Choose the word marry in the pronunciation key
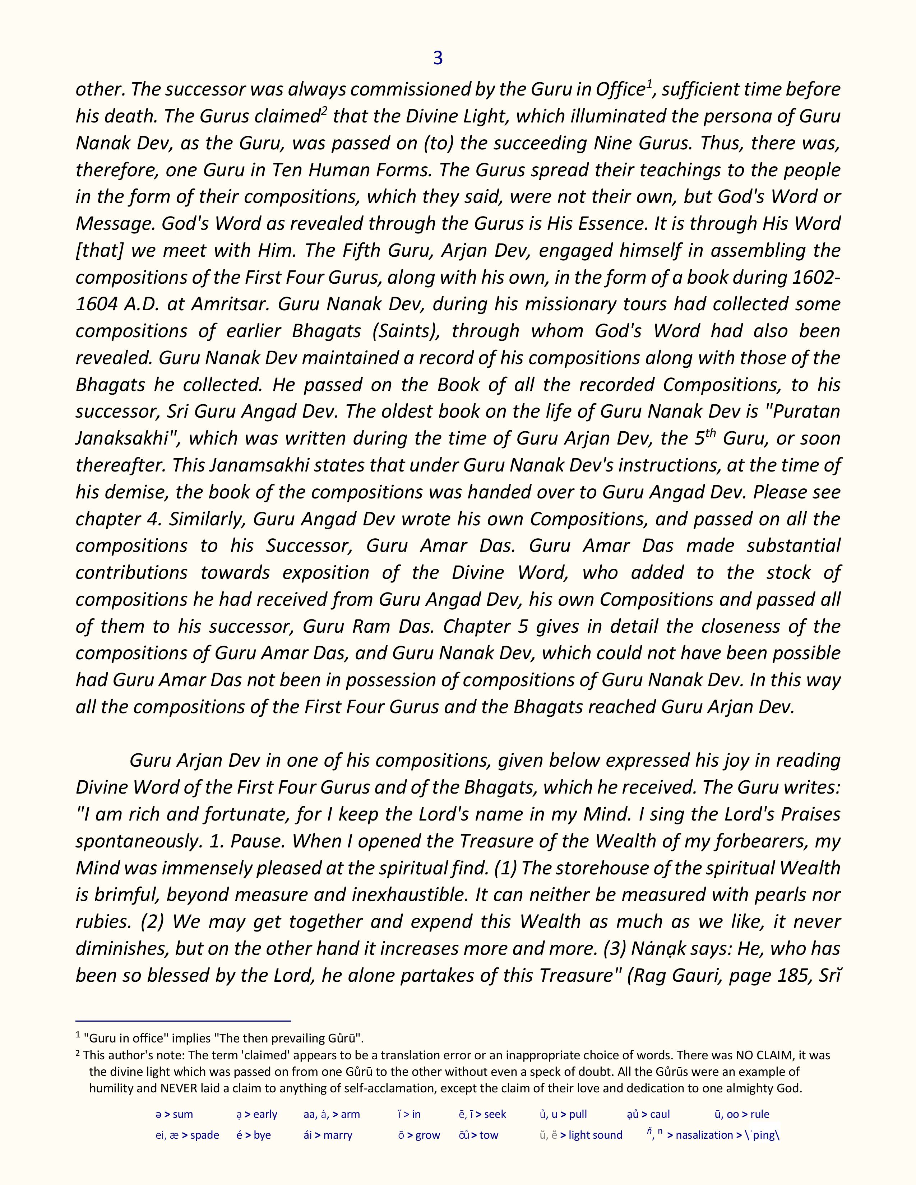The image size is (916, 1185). click(x=338, y=1135)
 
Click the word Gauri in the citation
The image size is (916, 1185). click(x=696, y=976)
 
